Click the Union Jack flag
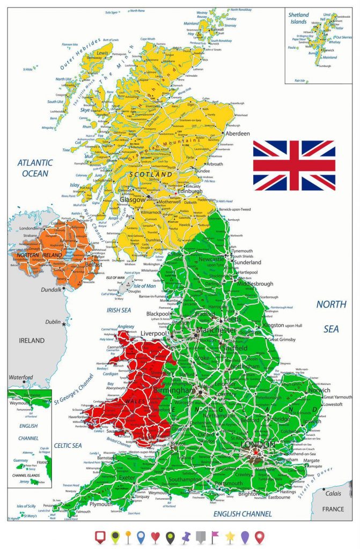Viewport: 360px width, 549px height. [x=294, y=165]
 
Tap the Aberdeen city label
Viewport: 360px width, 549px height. [x=238, y=133]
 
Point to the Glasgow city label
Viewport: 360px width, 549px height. [x=132, y=199]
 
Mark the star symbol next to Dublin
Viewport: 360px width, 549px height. [x=64, y=324]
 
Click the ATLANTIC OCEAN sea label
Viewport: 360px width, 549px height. [x=35, y=168]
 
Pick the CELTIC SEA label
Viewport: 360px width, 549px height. [x=68, y=446]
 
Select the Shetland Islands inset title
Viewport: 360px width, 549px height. [x=298, y=18]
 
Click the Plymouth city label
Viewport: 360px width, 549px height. [x=101, y=504]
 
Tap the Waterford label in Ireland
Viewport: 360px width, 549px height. [x=20, y=377]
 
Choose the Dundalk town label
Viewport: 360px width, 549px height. [x=52, y=290]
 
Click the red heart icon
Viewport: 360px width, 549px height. [x=156, y=536]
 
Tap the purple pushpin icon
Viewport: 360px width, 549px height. [x=186, y=536]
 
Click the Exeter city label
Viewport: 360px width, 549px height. [x=127, y=477]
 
